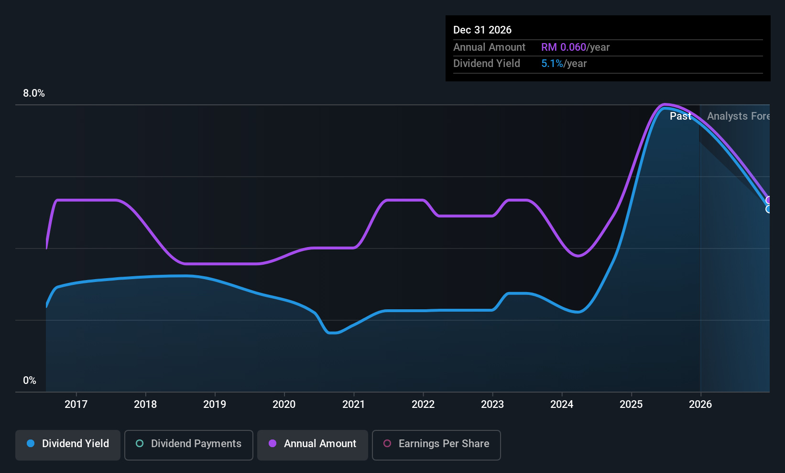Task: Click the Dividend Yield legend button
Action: click(67, 445)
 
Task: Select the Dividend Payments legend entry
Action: click(188, 445)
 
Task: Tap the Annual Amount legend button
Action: click(313, 445)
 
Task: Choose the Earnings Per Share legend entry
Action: click(436, 445)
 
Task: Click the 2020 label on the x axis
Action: click(284, 404)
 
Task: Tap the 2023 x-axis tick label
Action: click(492, 404)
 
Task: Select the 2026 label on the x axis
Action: click(700, 404)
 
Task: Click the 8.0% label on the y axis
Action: click(34, 93)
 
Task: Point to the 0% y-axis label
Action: click(30, 381)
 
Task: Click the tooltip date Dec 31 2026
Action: click(482, 30)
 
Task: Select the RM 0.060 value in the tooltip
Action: click(564, 47)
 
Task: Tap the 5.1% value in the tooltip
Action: click(552, 64)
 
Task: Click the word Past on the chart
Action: click(680, 116)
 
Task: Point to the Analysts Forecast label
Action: click(739, 116)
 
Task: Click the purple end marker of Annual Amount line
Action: click(768, 200)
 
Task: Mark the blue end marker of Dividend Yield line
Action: click(768, 209)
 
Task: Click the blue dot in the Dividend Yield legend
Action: click(31, 443)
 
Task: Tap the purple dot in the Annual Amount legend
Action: click(273, 443)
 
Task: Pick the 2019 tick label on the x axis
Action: click(215, 404)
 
